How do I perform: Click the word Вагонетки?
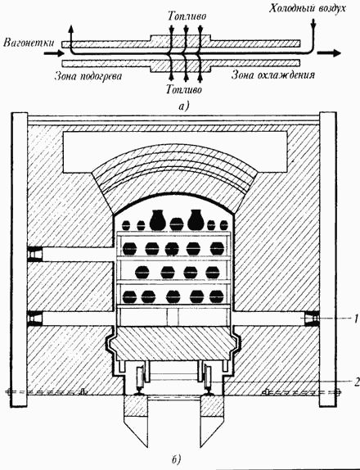(29, 43)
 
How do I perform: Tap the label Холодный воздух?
(308, 9)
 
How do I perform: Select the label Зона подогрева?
(88, 76)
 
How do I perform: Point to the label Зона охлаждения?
(272, 75)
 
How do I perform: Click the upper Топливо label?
(187, 16)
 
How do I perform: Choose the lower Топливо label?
(184, 89)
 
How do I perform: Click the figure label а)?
(183, 106)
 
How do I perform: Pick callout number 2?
(356, 382)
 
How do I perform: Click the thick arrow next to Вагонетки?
(54, 54)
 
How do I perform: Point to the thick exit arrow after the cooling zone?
(329, 53)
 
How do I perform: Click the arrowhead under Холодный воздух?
(313, 28)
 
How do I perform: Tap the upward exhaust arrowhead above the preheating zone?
(71, 29)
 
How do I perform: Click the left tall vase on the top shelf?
(158, 220)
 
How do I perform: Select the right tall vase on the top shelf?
(196, 219)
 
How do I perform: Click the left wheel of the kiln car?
(140, 378)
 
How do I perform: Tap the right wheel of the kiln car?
(207, 378)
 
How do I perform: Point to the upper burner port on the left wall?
(34, 255)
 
